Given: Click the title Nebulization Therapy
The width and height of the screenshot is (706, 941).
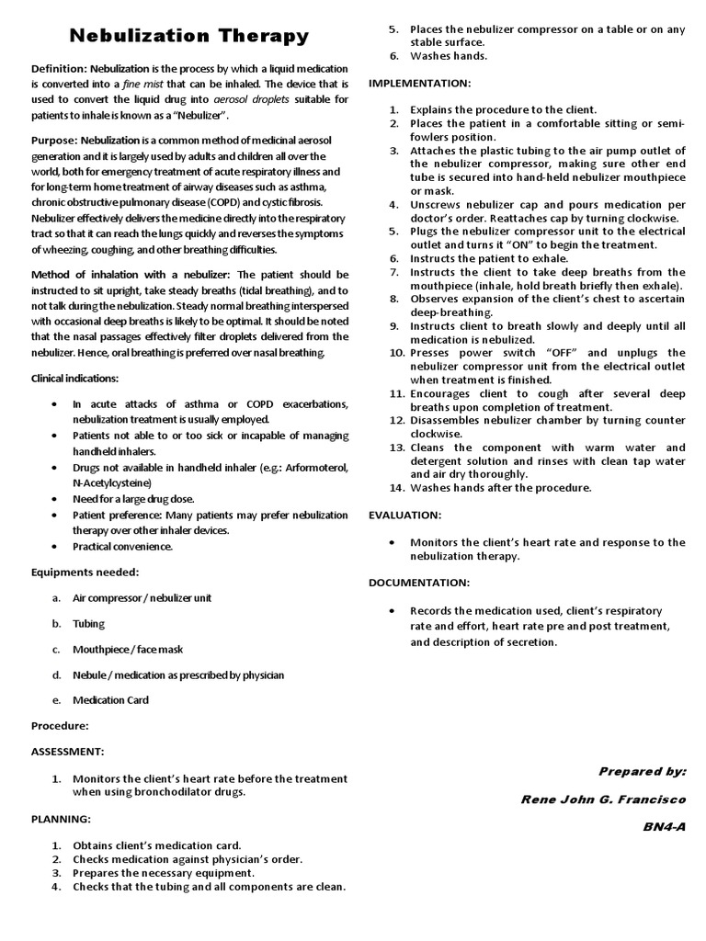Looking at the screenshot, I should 190,37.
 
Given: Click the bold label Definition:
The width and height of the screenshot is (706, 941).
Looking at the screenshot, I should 59,70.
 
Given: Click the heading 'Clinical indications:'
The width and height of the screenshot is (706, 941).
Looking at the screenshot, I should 74,379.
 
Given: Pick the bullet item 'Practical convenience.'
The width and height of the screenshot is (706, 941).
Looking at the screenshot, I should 122,546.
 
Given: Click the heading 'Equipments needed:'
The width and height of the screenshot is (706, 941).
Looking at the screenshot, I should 85,572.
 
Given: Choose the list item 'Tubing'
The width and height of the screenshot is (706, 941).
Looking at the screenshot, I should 89,623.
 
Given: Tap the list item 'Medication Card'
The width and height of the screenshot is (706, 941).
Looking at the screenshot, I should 110,700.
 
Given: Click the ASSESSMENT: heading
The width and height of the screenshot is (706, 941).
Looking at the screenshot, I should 68,752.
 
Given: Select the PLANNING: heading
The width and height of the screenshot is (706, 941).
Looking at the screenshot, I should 62,818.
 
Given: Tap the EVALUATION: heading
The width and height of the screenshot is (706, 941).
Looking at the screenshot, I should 405,516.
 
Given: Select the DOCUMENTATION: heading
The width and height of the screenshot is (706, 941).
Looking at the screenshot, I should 419,583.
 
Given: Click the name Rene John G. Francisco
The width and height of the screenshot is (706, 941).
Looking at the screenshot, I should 603,799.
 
